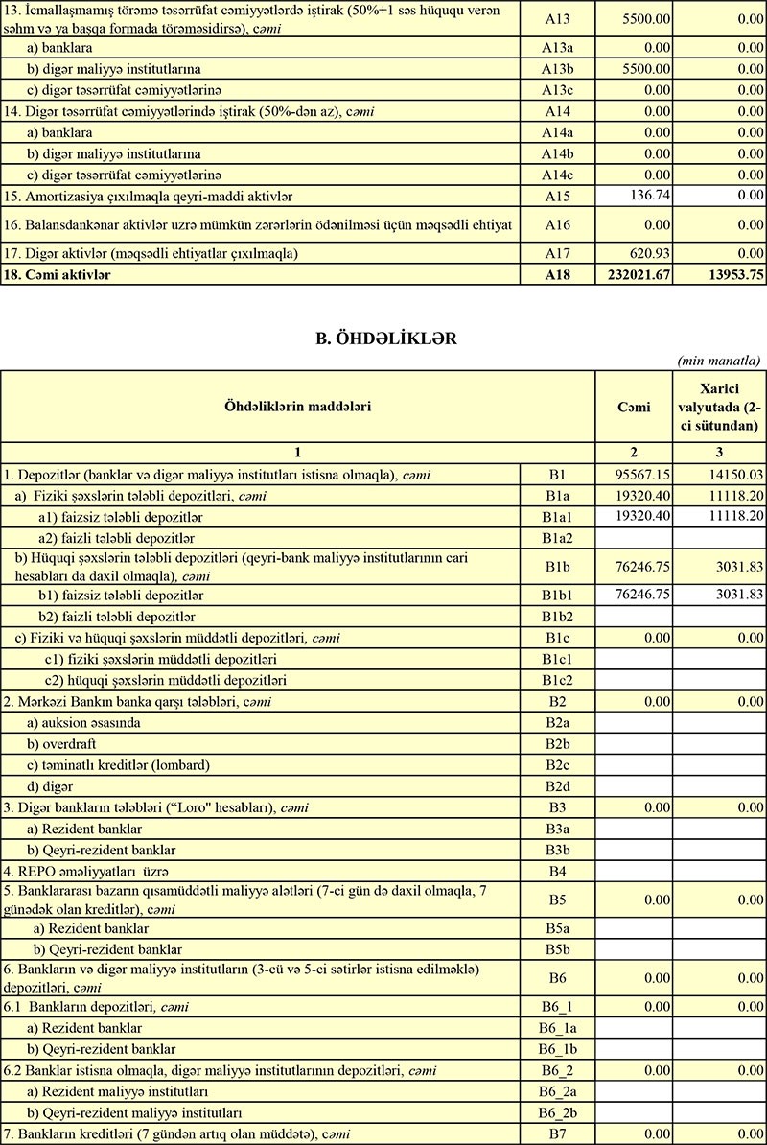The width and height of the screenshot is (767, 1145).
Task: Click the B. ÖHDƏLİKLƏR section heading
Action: (x=383, y=339)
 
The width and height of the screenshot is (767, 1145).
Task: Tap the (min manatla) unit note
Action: (x=718, y=361)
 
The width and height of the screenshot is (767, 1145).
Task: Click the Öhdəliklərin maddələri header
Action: (x=297, y=407)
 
